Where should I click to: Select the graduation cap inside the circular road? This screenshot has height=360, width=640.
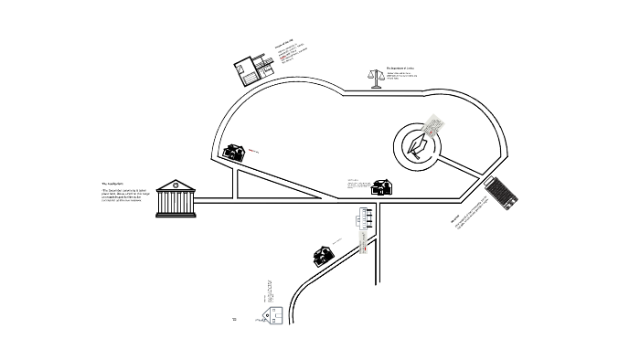click(x=420, y=147)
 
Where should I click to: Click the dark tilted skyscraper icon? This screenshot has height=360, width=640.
click(x=502, y=194)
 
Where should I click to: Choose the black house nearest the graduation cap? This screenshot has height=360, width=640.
click(x=382, y=187)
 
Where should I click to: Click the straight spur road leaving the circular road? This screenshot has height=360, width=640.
click(x=464, y=166)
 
